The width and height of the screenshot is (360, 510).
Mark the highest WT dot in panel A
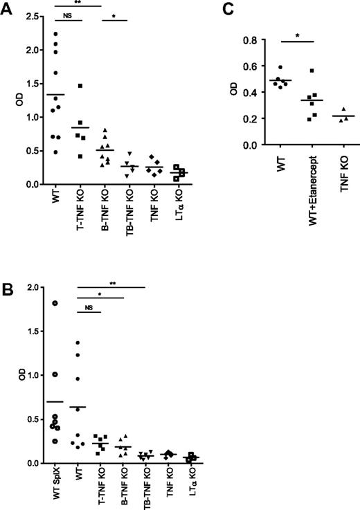(x=56, y=33)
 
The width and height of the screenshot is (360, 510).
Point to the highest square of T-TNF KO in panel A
(x=80, y=85)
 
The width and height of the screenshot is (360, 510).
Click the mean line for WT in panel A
(x=56, y=94)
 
